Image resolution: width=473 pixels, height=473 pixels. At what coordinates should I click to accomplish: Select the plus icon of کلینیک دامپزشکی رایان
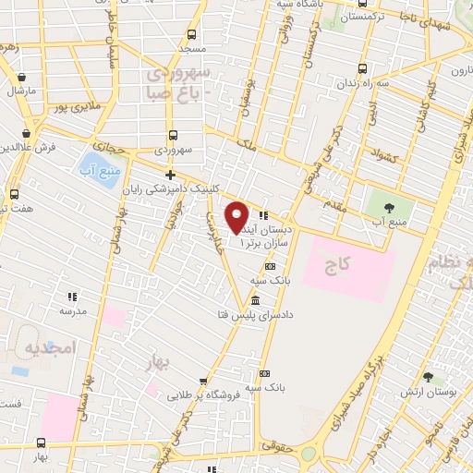coord(170,175)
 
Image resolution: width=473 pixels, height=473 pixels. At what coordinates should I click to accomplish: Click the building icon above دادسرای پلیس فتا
coord(255,302)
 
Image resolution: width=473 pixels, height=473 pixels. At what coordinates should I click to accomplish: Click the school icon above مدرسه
coord(71,297)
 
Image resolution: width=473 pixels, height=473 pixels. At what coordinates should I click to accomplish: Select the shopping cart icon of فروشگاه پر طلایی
coord(202,381)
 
